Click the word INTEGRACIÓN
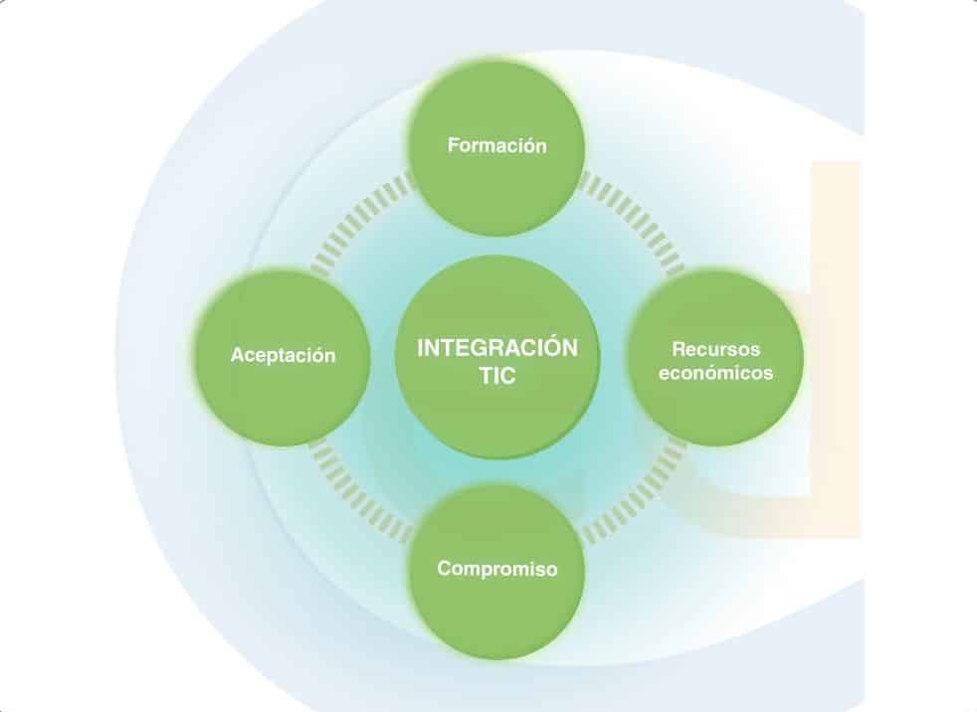tap(497, 348)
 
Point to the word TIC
tap(497, 379)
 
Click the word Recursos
tap(715, 350)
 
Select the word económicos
tap(715, 374)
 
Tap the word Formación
tap(497, 145)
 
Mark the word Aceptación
tap(284, 355)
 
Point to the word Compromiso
tap(497, 570)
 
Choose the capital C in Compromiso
tap(444, 570)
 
